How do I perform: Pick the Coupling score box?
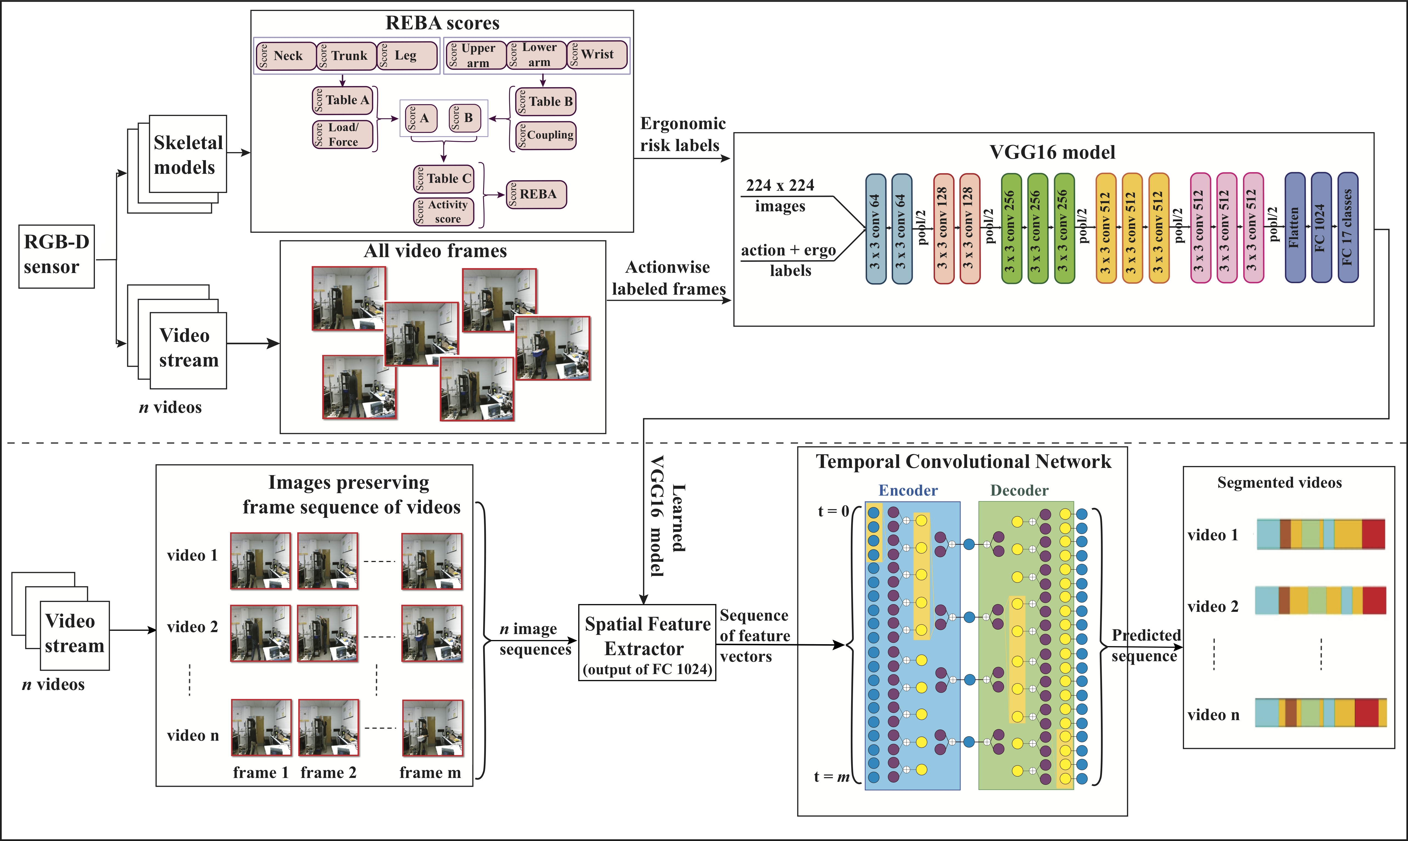coord(546,135)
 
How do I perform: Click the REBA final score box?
coord(536,194)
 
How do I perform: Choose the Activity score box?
coord(443,211)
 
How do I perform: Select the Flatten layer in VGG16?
coord(1295,228)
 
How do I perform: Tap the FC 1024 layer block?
coord(1321,228)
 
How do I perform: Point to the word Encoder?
coord(908,490)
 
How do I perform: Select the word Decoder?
coord(1019,490)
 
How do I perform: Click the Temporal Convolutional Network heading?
coord(963,462)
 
